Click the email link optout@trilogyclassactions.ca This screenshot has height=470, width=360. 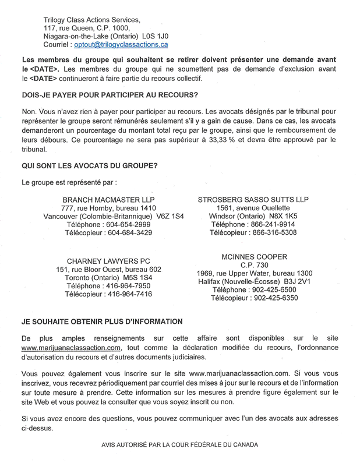click(121, 44)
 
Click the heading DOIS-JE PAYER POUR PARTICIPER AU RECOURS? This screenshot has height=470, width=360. click(110, 95)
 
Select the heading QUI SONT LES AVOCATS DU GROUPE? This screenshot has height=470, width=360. click(89, 165)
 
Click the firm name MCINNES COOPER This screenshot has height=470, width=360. click(255, 257)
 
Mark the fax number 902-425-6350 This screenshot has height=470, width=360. click(274, 298)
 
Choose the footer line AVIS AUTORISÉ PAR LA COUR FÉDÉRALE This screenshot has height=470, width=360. click(180, 444)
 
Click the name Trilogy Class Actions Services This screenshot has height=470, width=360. click(91, 19)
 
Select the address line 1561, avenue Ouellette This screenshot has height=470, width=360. click(252, 208)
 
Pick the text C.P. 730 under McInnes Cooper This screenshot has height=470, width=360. click(255, 265)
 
